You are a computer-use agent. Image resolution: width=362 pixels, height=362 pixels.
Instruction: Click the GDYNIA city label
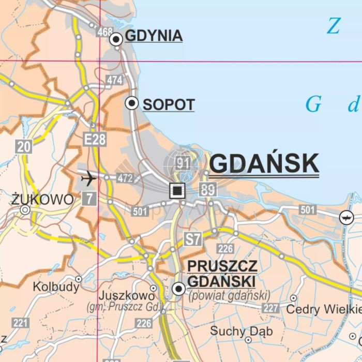point(154,36)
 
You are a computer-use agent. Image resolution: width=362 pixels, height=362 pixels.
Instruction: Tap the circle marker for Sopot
point(132,103)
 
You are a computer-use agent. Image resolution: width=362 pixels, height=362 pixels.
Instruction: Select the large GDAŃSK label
point(264,164)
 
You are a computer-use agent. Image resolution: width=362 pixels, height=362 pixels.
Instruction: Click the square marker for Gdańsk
point(177,190)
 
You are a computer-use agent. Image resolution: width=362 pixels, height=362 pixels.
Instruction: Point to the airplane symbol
point(89,179)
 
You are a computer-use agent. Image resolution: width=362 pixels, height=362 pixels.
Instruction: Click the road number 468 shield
point(104,32)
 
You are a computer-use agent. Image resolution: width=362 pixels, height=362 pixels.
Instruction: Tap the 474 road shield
point(114,80)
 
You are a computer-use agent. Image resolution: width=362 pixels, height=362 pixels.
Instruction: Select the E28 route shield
point(95,139)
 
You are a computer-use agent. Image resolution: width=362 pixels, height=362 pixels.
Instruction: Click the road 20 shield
point(24,147)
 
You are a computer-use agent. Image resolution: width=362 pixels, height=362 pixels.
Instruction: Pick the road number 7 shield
point(89,198)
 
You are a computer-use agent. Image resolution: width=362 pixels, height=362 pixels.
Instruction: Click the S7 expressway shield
point(193,239)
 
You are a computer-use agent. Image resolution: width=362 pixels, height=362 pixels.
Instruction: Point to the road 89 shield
point(207,190)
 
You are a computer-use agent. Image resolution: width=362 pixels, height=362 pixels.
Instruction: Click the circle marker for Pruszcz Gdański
point(179,289)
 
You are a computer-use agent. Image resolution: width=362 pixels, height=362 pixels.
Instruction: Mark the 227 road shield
point(270,309)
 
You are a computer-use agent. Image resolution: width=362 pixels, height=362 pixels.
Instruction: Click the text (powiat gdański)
point(230,296)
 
